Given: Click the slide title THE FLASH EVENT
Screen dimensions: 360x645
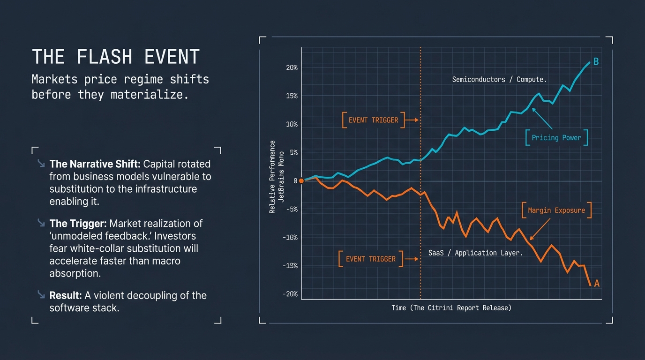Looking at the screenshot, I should [x=115, y=57].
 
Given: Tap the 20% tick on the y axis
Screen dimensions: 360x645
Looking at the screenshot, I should [x=292, y=67].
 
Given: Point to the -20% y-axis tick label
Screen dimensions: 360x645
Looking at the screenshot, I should [x=290, y=294].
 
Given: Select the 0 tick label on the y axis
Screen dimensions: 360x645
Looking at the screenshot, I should [x=295, y=181].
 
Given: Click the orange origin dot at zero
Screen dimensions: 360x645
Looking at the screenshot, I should [x=301, y=181].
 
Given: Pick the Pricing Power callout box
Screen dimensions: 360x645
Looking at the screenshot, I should [x=556, y=138].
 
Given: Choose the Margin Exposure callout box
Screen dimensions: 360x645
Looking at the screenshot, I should [x=556, y=210].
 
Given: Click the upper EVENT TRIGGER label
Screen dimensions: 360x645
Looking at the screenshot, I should [x=373, y=120].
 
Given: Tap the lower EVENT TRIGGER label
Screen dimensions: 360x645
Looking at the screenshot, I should [x=370, y=259].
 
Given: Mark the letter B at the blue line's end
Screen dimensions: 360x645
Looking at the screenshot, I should [x=596, y=61].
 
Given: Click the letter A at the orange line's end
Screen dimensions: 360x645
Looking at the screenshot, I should [x=597, y=283].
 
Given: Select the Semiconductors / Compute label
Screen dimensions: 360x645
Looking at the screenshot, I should [x=499, y=80].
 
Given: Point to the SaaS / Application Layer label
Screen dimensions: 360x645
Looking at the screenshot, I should [x=475, y=253].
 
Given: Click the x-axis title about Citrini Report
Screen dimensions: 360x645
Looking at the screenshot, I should [x=451, y=308].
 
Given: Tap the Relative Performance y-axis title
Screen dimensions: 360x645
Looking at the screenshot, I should [x=272, y=177].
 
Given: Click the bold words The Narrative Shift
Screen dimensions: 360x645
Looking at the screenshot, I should [x=95, y=164].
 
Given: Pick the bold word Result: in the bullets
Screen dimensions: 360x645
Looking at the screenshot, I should [x=66, y=296].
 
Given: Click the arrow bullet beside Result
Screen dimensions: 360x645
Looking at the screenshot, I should [x=41, y=294].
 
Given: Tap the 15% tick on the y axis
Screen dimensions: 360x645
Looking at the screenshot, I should [x=292, y=96].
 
